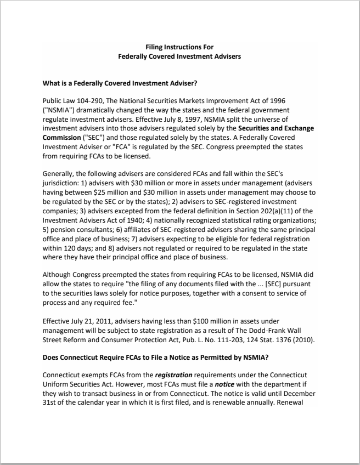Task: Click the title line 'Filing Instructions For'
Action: pos(179,47)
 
